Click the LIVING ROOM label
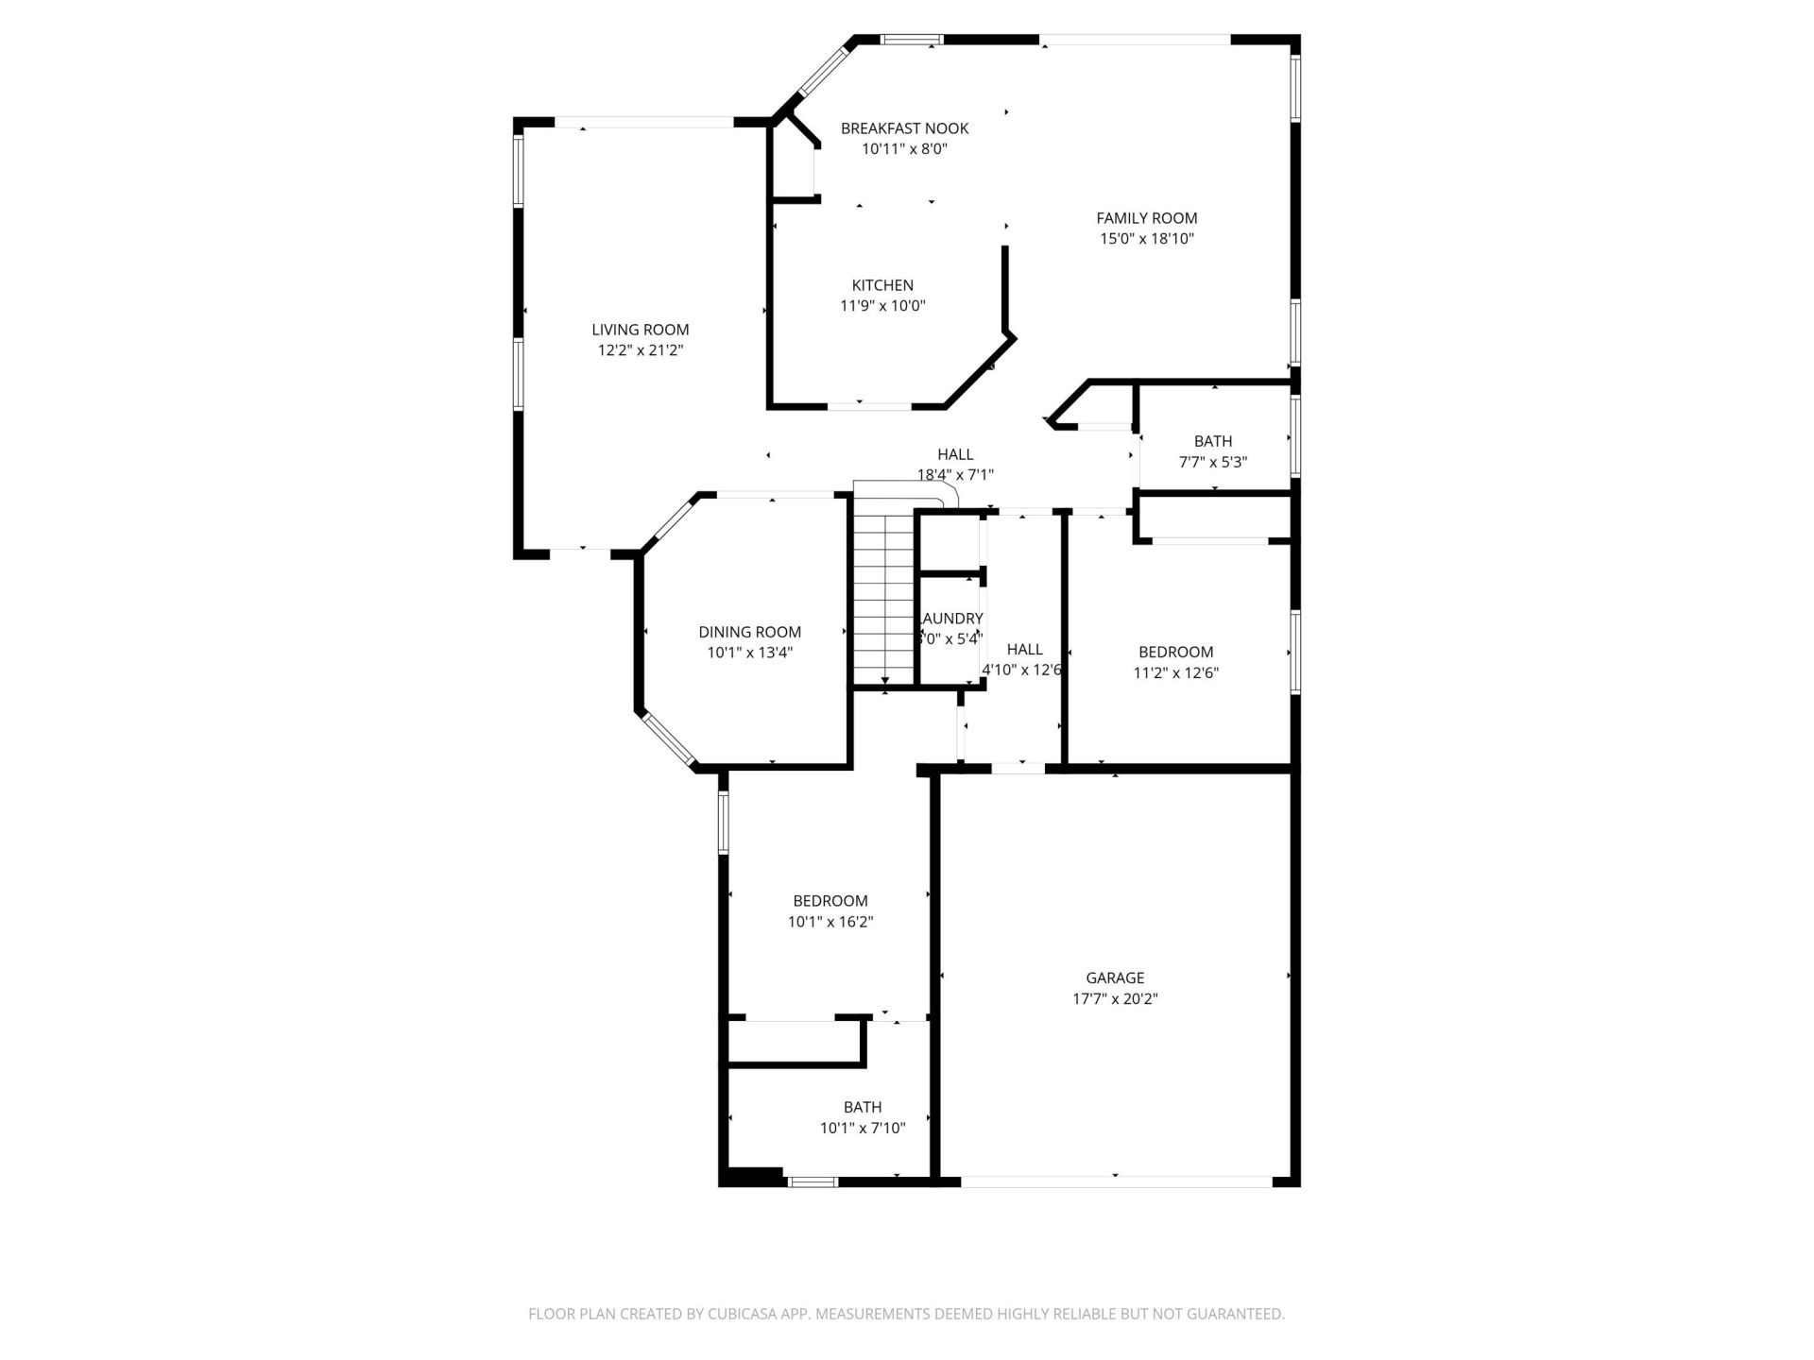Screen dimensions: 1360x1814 click(640, 330)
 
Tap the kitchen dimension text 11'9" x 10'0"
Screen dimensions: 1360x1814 click(882, 306)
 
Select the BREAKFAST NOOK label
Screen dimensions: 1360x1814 click(904, 128)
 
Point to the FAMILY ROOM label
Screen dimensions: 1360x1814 click(1146, 218)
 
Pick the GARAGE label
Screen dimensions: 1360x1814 click(1115, 978)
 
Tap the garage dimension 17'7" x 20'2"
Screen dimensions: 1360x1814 click(1115, 999)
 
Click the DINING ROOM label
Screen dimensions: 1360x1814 click(749, 632)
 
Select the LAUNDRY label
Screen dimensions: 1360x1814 click(951, 619)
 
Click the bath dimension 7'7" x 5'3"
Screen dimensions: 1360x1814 click(1212, 463)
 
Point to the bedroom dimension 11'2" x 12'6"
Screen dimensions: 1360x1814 click(1175, 673)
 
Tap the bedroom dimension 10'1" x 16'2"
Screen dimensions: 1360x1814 click(830, 922)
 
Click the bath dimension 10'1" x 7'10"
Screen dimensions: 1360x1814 click(862, 1128)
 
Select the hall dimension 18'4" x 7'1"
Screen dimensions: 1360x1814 click(955, 475)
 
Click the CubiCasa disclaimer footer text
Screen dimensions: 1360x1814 click(906, 1314)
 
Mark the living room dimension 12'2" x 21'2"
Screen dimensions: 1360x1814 click(640, 350)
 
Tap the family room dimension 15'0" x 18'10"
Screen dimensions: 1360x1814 click(1146, 239)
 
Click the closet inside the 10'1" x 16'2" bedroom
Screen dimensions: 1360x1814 click(794, 1043)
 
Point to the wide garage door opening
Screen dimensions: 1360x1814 click(1115, 1181)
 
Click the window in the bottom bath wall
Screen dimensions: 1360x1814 click(813, 1181)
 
